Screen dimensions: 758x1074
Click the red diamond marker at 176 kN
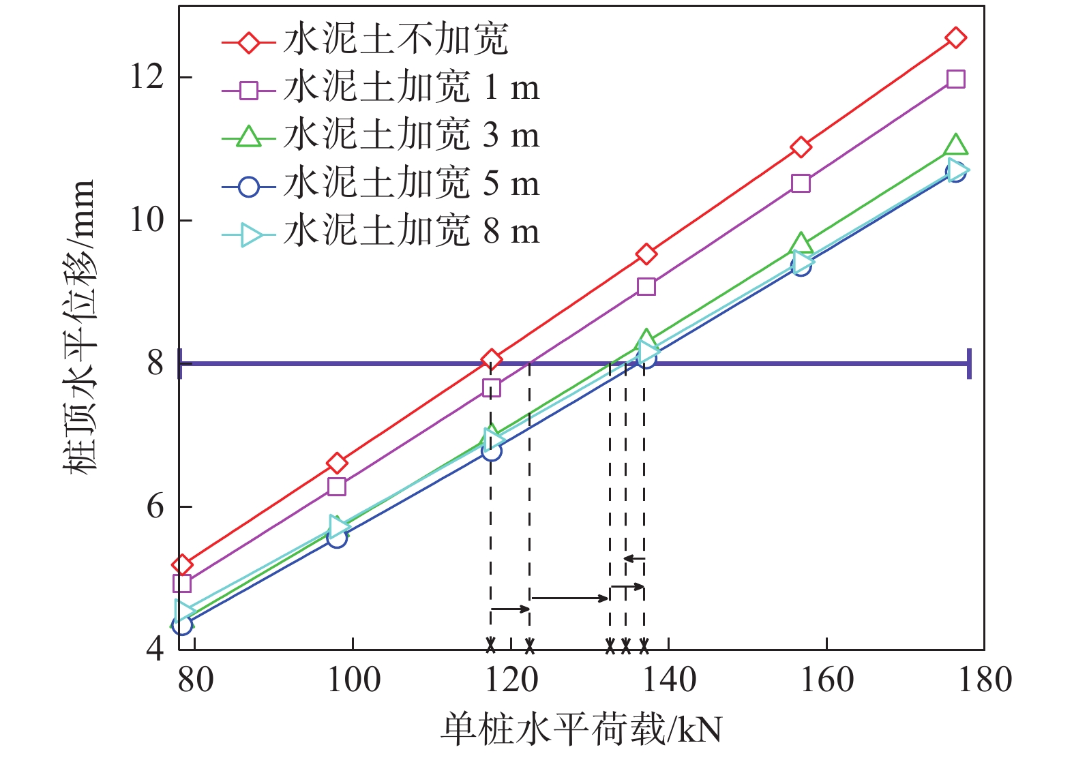(955, 37)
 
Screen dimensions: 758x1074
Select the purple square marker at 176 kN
(955, 79)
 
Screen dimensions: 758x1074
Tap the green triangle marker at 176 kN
(955, 145)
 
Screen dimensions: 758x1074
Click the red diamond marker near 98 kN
(337, 464)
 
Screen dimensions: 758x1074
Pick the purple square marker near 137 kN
(646, 286)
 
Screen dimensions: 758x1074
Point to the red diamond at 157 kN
(801, 147)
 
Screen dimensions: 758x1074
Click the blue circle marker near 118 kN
(491, 451)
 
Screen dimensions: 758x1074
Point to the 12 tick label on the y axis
(147, 77)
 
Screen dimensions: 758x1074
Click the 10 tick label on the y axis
(147, 220)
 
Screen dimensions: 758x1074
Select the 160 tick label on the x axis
(826, 680)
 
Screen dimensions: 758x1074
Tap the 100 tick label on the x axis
(353, 680)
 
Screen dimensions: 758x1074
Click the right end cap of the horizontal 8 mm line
(968, 363)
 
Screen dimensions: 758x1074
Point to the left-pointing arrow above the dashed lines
(633, 559)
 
